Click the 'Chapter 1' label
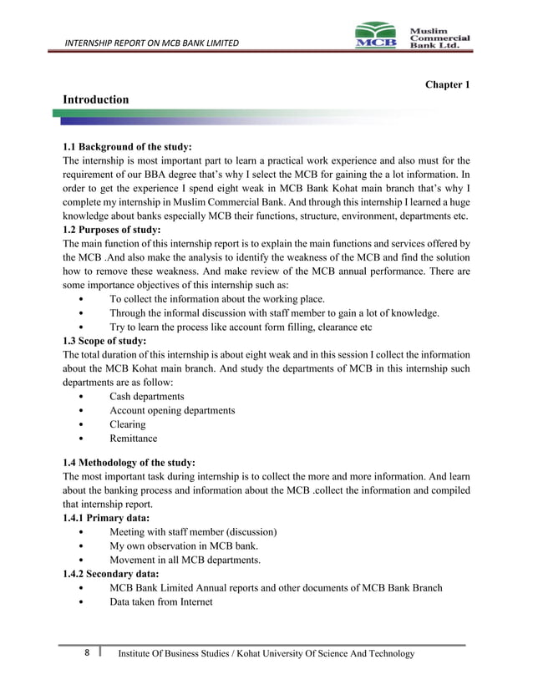click(448, 85)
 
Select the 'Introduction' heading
click(96, 100)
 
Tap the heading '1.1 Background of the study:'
click(128, 147)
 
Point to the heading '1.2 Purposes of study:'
click(112, 229)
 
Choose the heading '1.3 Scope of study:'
click(104, 341)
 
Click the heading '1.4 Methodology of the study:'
click(129, 463)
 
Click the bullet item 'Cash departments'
click(146, 396)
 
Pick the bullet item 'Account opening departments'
click(171, 410)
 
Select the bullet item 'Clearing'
click(127, 424)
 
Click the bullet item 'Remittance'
click(133, 439)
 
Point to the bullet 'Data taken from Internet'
click(161, 601)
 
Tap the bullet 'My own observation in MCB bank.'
click(184, 545)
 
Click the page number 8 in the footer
click(88, 652)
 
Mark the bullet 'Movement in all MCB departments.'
click(185, 560)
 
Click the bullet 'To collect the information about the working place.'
click(217, 299)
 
